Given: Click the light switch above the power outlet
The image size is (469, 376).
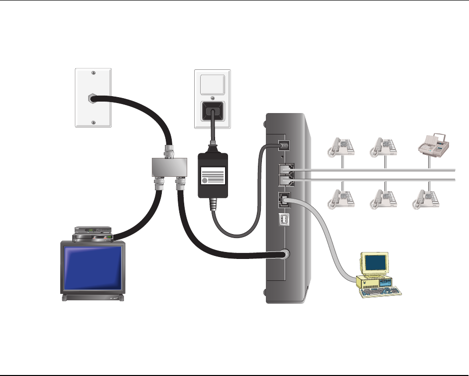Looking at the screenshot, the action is (x=212, y=84).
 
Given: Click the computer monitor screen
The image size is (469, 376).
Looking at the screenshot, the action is (x=375, y=262).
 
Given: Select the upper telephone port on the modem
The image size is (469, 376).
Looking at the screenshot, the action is (x=285, y=170).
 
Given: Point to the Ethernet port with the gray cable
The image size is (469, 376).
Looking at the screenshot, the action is (x=284, y=200).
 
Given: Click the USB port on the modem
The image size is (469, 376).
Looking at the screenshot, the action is (x=284, y=220).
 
